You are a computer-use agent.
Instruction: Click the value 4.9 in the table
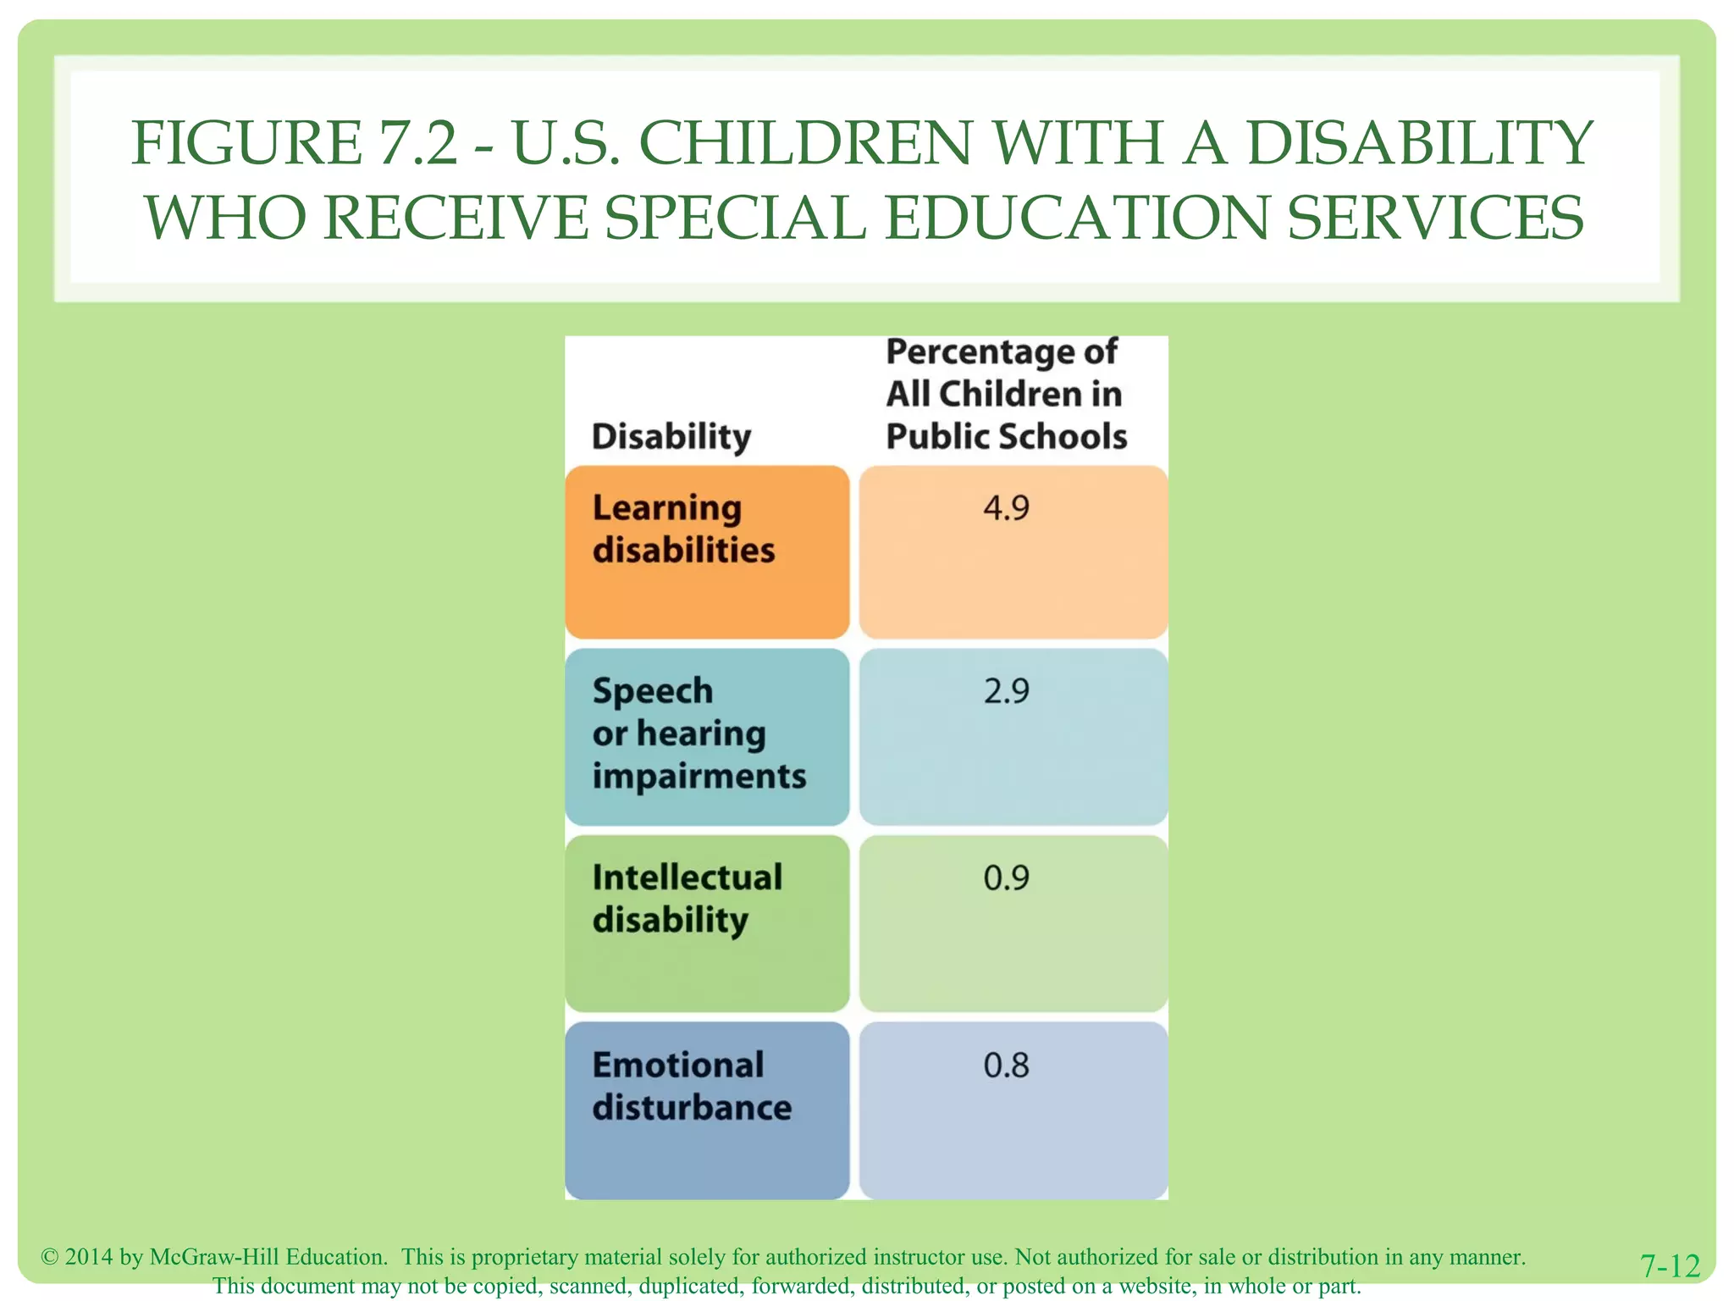click(x=1006, y=508)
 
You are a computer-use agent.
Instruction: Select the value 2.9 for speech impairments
click(x=1006, y=691)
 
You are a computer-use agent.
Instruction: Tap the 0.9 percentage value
click(x=1006, y=877)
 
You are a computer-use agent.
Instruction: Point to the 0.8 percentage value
click(x=1006, y=1065)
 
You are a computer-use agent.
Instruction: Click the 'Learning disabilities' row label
click(x=683, y=529)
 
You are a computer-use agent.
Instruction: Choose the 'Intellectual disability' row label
click(x=687, y=899)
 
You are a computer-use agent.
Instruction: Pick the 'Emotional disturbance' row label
click(x=692, y=1086)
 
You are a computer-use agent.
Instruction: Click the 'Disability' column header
click(x=671, y=437)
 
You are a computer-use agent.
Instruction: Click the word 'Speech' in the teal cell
click(x=653, y=691)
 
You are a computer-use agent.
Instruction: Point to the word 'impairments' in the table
click(x=699, y=776)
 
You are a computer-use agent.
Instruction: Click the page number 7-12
click(x=1670, y=1266)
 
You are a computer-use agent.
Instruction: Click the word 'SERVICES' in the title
click(x=1435, y=218)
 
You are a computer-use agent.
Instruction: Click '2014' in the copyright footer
click(x=89, y=1257)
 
